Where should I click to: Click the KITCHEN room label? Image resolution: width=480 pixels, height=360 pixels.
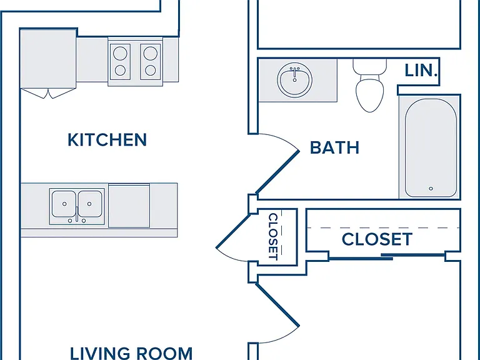[107, 139]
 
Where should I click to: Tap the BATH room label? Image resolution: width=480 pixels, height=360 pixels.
[334, 147]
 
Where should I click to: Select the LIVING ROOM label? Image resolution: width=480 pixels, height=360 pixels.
[131, 353]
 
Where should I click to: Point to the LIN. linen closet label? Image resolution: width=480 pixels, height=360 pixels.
[421, 71]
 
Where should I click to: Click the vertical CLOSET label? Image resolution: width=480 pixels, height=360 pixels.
[273, 236]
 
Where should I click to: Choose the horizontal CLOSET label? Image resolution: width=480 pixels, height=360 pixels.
[377, 239]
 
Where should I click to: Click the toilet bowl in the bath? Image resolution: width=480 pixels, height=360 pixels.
[370, 94]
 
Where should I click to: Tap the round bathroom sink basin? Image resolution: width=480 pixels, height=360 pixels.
[295, 80]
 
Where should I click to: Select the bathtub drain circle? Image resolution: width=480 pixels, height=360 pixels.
[431, 189]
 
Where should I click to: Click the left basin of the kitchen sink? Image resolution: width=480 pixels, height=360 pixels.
[64, 204]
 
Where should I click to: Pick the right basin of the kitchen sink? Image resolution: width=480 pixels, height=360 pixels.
[90, 204]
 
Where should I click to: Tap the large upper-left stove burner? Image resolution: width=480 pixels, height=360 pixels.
[120, 54]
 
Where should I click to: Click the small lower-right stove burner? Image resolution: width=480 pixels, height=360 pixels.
[150, 71]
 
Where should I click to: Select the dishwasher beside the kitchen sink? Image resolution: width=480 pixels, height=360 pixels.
[129, 206]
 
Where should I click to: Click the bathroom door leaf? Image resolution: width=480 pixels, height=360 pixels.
[277, 172]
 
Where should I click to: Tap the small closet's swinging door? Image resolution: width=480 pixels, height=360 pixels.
[233, 231]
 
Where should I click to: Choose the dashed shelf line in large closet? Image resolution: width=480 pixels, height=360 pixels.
[383, 227]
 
